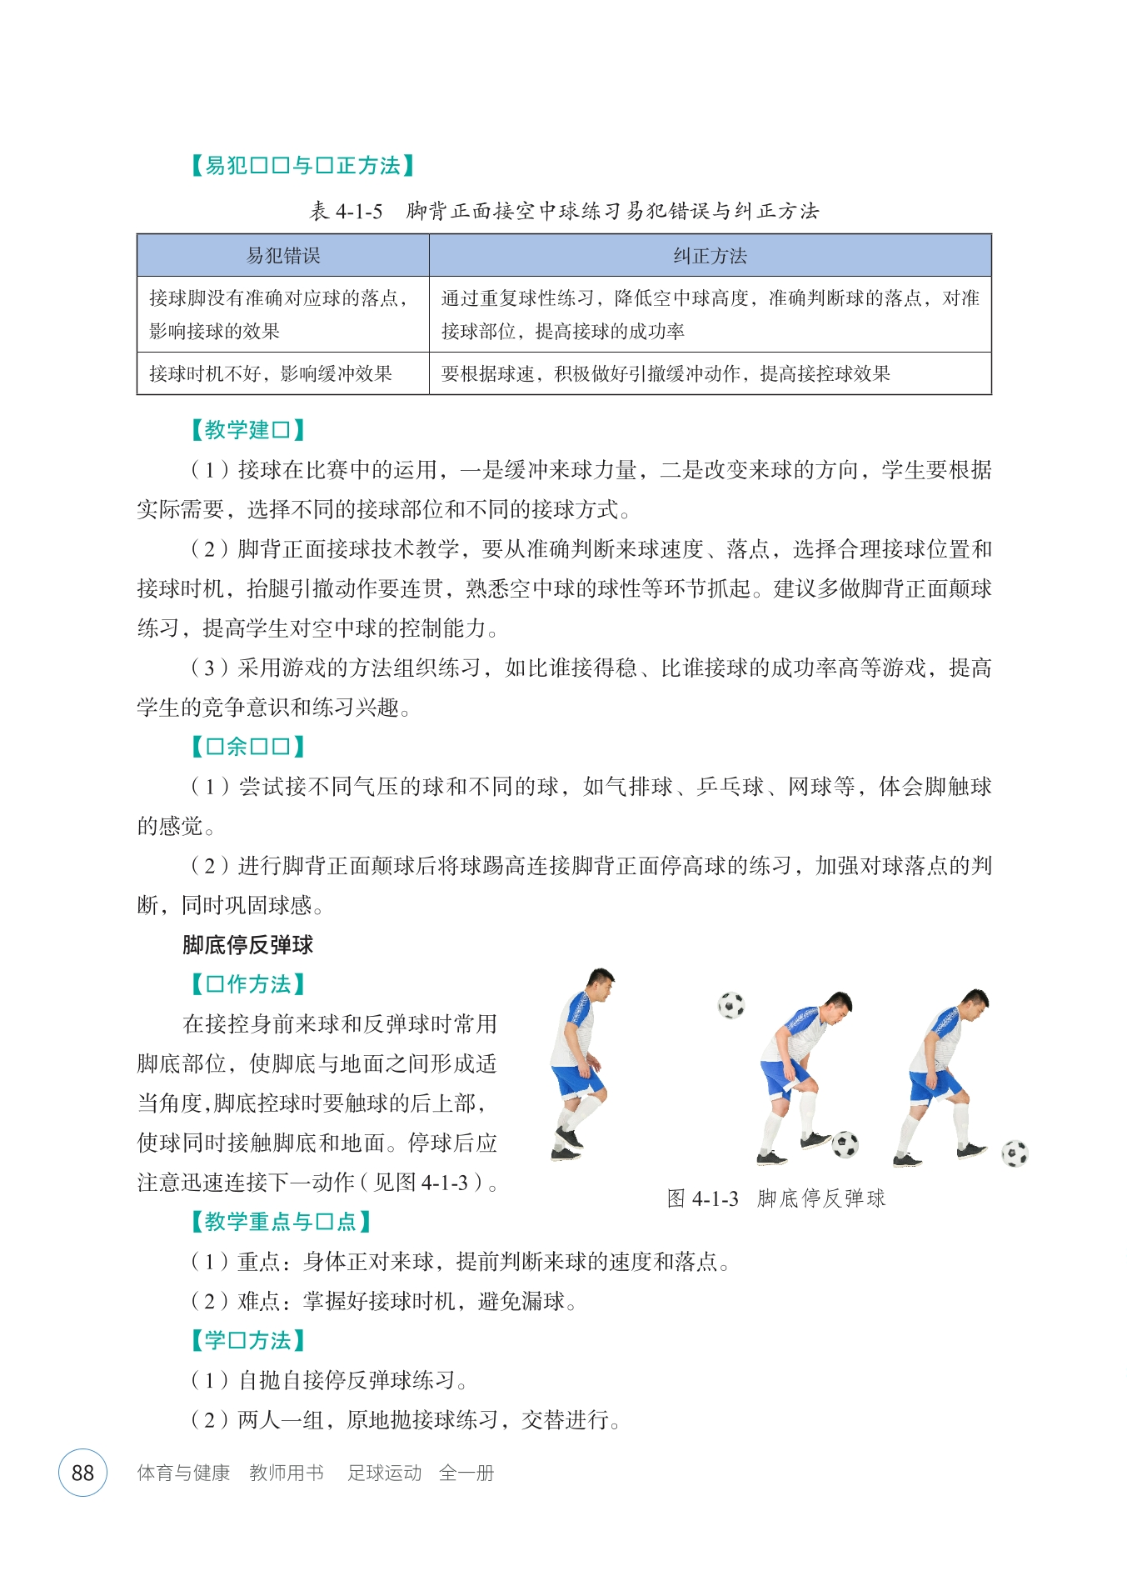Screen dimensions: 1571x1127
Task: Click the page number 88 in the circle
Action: (x=82, y=1473)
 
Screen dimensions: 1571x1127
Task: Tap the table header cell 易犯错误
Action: (x=283, y=256)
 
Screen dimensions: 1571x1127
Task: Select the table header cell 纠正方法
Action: (x=710, y=256)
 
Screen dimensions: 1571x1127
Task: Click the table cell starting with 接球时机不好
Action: (x=271, y=373)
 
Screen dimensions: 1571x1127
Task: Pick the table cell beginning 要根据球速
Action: (x=666, y=373)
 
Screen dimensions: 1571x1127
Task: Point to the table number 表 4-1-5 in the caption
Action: (x=346, y=211)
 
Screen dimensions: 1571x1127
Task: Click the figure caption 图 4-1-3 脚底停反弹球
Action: (x=775, y=1198)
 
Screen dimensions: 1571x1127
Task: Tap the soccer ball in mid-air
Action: (x=731, y=1005)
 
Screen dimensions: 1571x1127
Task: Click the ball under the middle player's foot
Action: (x=845, y=1144)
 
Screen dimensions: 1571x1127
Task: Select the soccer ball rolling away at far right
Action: (x=1015, y=1153)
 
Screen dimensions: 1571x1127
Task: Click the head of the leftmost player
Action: (x=599, y=984)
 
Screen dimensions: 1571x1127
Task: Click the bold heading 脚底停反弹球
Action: (x=248, y=944)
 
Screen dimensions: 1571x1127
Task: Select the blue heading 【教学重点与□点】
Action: (x=281, y=1222)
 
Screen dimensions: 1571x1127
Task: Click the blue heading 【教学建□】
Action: (x=247, y=430)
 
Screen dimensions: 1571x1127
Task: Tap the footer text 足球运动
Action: (x=385, y=1473)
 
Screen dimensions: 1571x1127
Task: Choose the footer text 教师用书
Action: (x=287, y=1473)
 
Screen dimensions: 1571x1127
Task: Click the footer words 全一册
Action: (x=466, y=1473)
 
